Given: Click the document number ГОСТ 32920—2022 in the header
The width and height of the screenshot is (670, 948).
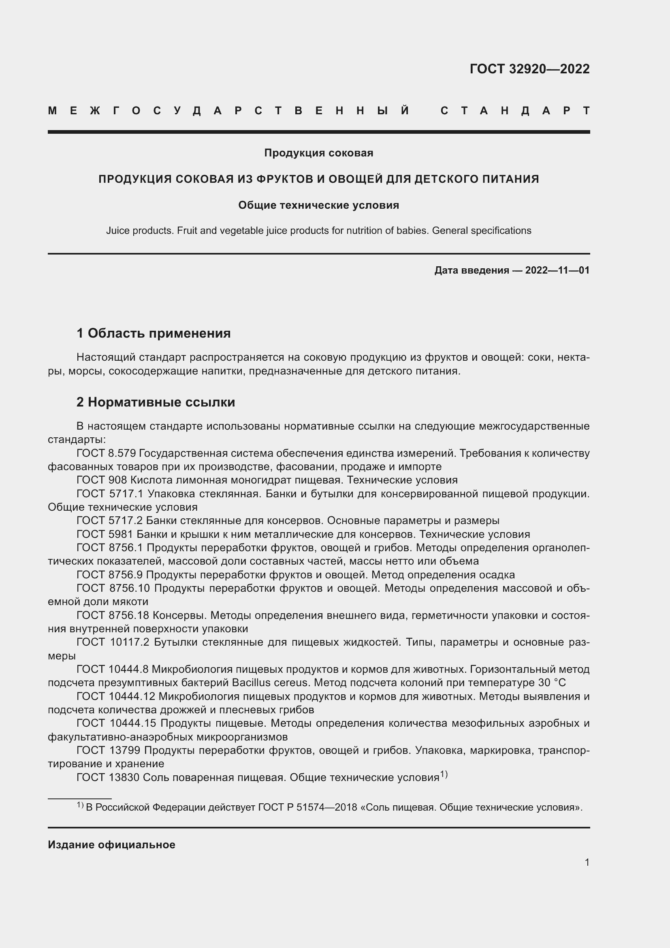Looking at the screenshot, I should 529,69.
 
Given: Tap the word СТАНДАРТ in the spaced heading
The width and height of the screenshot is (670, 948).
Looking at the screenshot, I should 515,111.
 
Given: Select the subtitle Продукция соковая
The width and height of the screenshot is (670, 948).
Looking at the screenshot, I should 318,153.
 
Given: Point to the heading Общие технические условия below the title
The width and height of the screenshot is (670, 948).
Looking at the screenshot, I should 318,205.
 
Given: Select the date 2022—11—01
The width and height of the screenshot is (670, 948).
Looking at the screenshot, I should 557,270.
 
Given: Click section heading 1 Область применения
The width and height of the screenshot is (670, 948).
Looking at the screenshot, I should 154,333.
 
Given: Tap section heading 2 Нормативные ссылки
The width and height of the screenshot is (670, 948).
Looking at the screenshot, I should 156,402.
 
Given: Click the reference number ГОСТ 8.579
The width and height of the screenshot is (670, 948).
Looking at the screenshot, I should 107,454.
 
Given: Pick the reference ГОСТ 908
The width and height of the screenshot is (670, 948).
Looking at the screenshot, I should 102,480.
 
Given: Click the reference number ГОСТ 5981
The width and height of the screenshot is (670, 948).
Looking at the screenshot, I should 105,534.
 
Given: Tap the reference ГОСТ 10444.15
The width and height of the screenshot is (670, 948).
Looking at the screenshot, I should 115,723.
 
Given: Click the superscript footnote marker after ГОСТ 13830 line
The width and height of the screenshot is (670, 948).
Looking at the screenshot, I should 444,775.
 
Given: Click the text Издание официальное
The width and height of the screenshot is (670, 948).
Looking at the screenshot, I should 111,845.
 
